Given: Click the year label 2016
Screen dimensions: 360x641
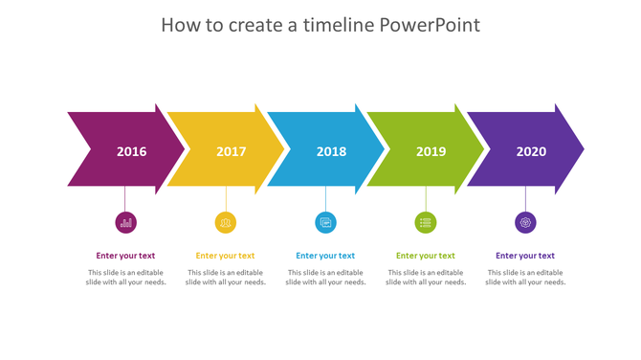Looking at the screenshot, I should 131,151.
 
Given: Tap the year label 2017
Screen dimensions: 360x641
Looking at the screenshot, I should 231,151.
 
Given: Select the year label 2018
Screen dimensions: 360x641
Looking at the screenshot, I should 331,151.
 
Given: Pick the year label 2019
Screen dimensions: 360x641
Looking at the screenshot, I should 431,151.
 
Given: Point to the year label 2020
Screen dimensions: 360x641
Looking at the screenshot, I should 531,151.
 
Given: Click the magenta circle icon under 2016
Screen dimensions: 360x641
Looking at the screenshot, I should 125,223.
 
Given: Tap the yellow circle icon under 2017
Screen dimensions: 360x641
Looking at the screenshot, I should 226,223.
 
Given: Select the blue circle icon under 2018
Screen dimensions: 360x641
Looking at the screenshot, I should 325,223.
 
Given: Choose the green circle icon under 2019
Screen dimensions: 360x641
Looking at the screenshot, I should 426,223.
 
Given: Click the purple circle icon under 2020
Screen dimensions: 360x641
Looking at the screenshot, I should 525,223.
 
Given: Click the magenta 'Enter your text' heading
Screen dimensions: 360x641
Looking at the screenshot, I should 125,256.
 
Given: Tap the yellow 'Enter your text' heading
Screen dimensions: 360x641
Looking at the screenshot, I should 225,256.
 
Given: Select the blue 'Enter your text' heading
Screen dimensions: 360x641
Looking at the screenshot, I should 325,256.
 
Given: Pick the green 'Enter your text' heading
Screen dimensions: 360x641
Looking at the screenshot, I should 426,256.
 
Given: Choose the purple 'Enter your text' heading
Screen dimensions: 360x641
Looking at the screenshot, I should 525,256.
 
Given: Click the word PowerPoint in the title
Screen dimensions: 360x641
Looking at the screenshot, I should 430,25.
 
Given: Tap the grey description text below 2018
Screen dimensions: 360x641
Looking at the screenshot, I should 325,278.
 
